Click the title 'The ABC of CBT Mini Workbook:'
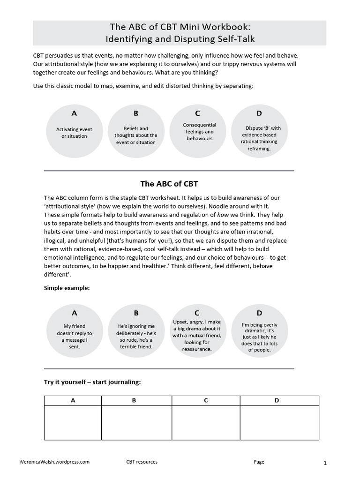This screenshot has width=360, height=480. point(180,27)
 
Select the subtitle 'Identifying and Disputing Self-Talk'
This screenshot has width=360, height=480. point(180,39)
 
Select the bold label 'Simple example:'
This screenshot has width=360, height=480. point(67,288)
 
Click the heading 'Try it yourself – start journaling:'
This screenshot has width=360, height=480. point(92,382)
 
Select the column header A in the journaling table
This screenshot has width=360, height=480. point(73,400)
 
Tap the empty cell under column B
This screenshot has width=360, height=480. point(136,422)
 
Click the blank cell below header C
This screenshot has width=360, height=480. point(206,422)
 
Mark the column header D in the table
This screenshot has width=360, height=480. point(277,400)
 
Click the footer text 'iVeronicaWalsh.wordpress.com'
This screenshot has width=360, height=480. point(55,462)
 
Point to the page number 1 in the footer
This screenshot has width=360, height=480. point(325,463)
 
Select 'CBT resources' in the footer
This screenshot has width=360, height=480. point(142,462)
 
